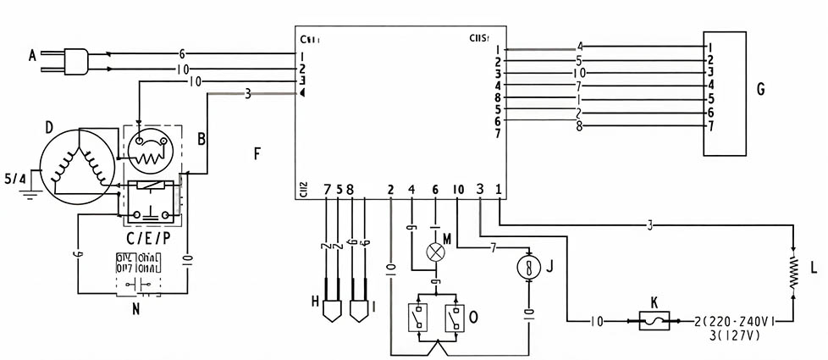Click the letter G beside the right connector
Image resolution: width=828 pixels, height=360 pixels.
(760, 88)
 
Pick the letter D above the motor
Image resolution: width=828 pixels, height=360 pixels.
(49, 127)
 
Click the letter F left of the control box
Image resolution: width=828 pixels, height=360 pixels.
(257, 153)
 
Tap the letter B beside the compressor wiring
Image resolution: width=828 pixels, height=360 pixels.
(201, 136)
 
